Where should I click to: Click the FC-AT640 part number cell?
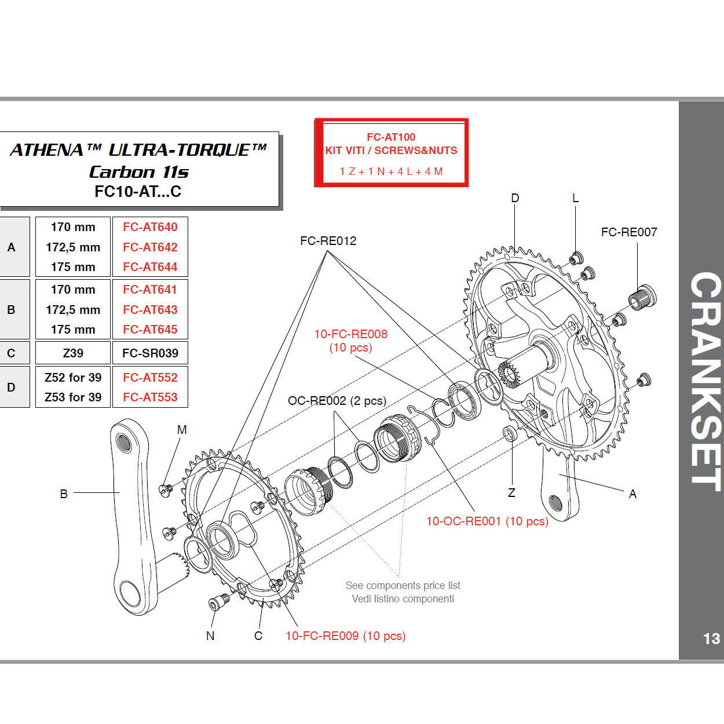point(150,227)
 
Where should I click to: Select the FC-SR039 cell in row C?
point(150,353)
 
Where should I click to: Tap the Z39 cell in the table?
point(73,353)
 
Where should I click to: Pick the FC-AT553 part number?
point(150,397)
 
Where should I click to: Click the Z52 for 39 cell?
point(73,378)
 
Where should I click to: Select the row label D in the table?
point(12,387)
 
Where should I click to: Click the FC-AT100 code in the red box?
point(391,137)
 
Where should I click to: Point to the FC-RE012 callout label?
point(328,241)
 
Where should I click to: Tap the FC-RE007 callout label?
point(629,232)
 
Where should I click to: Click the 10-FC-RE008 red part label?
point(350,334)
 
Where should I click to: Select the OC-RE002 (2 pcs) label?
point(337,401)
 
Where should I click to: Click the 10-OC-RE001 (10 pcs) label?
point(487,521)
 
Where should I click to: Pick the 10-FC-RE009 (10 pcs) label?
point(345,636)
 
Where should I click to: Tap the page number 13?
point(711,639)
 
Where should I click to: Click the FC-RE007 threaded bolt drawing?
point(642,298)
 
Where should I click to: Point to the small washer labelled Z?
point(510,433)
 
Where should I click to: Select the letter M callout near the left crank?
point(182,430)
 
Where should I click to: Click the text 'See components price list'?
point(403,586)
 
